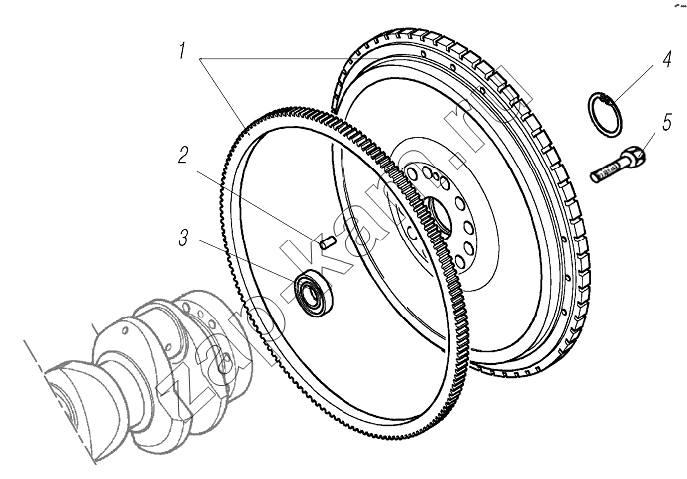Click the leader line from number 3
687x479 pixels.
click(x=245, y=262)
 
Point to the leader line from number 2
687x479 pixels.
click(x=256, y=198)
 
